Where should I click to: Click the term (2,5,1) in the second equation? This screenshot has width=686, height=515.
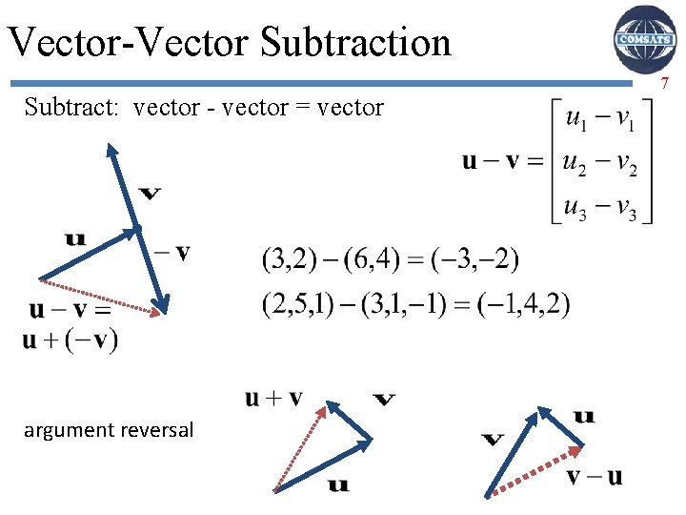coord(294,304)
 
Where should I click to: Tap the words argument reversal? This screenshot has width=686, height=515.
coord(109,430)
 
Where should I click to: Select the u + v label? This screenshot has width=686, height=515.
coord(273,398)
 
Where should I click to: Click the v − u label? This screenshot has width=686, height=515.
coord(595,475)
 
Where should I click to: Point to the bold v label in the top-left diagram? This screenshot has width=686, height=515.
coord(150,195)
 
